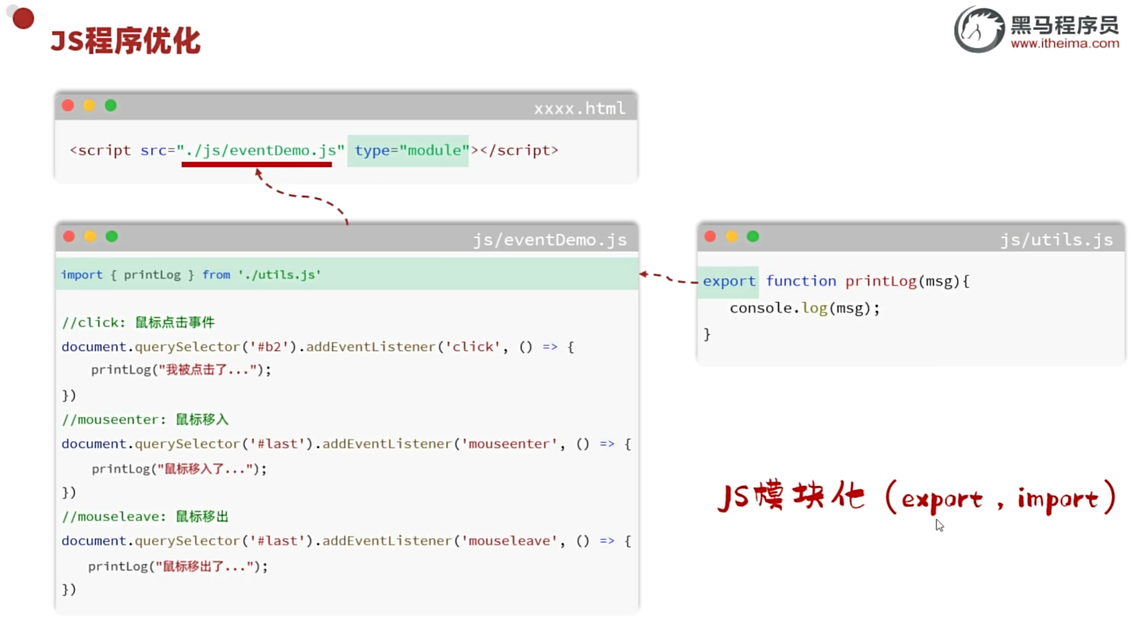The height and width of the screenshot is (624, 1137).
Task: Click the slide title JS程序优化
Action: pyautogui.click(x=125, y=41)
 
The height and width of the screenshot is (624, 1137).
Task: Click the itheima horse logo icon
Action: pyautogui.click(x=979, y=29)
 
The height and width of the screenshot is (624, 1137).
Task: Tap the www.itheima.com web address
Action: pyautogui.click(x=1064, y=44)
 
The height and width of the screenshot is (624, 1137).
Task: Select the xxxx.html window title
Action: pyautogui.click(x=579, y=109)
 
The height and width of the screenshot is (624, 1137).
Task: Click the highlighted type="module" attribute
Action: pyautogui.click(x=408, y=151)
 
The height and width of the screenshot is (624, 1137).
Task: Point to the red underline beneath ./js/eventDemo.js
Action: pyautogui.click(x=257, y=164)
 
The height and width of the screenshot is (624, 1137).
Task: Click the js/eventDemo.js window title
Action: pyautogui.click(x=549, y=239)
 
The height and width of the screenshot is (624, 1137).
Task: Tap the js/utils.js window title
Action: pyautogui.click(x=1056, y=239)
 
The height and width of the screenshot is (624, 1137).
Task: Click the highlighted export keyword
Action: pyautogui.click(x=729, y=282)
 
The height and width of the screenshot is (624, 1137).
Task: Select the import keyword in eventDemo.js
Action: pyautogui.click(x=82, y=275)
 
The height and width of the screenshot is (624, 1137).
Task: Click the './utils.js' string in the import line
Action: pyautogui.click(x=280, y=275)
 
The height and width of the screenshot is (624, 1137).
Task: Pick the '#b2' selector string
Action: pyautogui.click(x=269, y=347)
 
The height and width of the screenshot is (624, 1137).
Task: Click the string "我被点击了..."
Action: pyautogui.click(x=208, y=370)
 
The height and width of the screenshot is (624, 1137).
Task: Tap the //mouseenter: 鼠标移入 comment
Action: pyautogui.click(x=145, y=420)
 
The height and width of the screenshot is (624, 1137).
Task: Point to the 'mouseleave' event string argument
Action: pyautogui.click(x=509, y=541)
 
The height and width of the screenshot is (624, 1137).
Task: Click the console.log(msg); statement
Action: pyautogui.click(x=805, y=308)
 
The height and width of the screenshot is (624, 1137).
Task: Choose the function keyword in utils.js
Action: pyautogui.click(x=801, y=282)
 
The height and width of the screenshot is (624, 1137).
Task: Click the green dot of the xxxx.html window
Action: pyautogui.click(x=111, y=106)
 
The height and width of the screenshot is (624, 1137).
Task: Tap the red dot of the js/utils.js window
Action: pyautogui.click(x=710, y=236)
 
